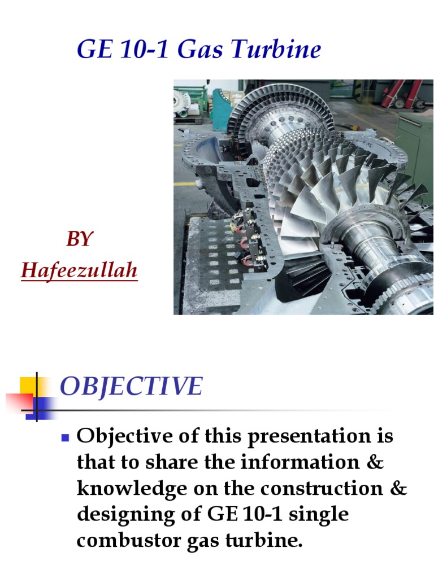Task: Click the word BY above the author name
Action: (x=79, y=239)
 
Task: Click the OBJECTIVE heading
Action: (x=131, y=387)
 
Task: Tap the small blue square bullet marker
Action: (x=64, y=436)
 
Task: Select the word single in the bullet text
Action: (x=321, y=514)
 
